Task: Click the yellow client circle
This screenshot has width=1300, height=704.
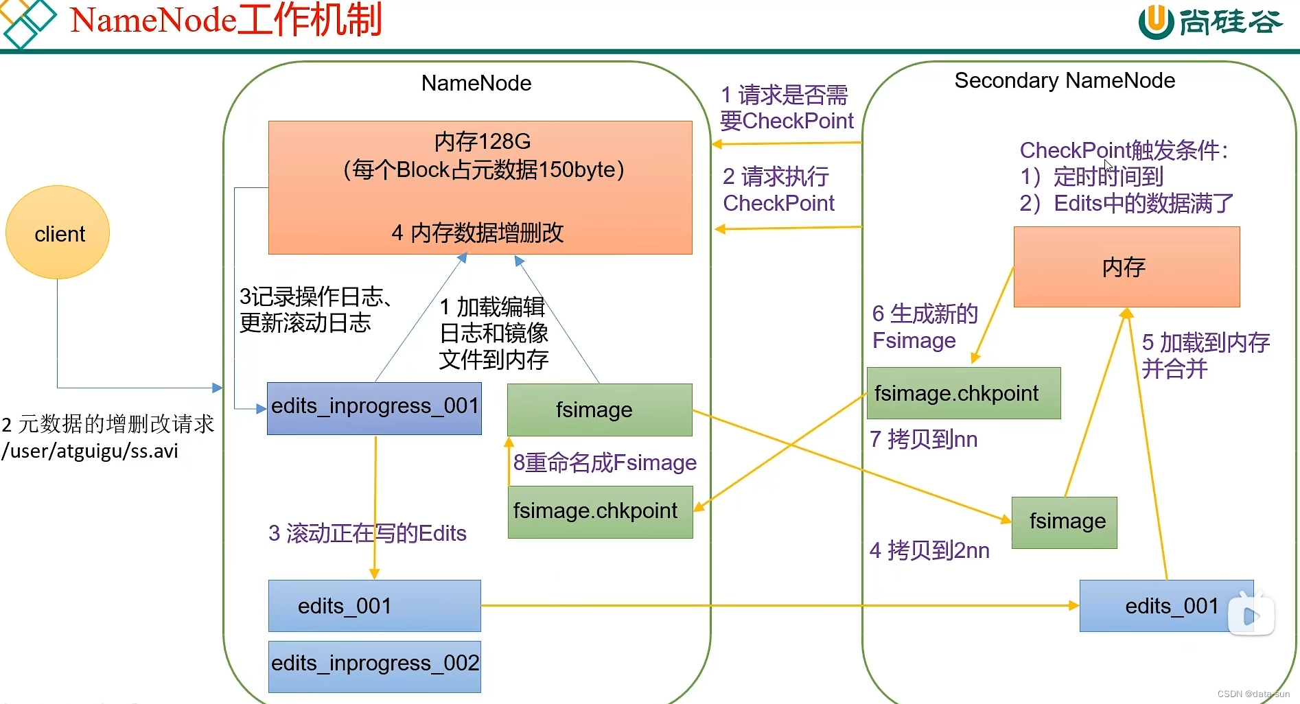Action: click(x=58, y=233)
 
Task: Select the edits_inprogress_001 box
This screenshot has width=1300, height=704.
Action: click(x=374, y=408)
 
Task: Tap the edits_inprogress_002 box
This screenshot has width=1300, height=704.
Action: click(x=374, y=666)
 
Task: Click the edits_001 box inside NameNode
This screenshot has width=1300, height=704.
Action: click(x=374, y=606)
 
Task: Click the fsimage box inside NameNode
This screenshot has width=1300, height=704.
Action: click(x=599, y=410)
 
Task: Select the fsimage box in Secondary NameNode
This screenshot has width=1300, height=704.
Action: click(x=1064, y=522)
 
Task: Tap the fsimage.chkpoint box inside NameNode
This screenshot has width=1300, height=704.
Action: click(x=600, y=512)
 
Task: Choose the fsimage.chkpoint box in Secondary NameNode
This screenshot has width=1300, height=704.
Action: click(x=963, y=393)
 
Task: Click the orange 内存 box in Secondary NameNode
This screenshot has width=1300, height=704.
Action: click(x=1126, y=267)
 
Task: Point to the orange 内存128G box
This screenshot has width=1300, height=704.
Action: click(x=480, y=187)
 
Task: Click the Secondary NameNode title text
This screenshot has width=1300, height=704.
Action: click(x=1065, y=81)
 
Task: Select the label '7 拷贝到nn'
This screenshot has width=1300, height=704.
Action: click(x=923, y=439)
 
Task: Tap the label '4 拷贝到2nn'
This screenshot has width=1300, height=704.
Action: click(x=929, y=550)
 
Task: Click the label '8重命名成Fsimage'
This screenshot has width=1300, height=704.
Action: click(x=605, y=463)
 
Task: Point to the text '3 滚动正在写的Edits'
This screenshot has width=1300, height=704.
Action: click(x=367, y=533)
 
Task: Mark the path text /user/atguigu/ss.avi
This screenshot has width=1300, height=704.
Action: click(x=90, y=451)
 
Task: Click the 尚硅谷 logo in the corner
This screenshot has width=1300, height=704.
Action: click(x=1209, y=22)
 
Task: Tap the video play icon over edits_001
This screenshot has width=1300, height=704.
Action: click(x=1251, y=614)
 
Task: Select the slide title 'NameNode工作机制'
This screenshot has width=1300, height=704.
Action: click(x=226, y=20)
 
